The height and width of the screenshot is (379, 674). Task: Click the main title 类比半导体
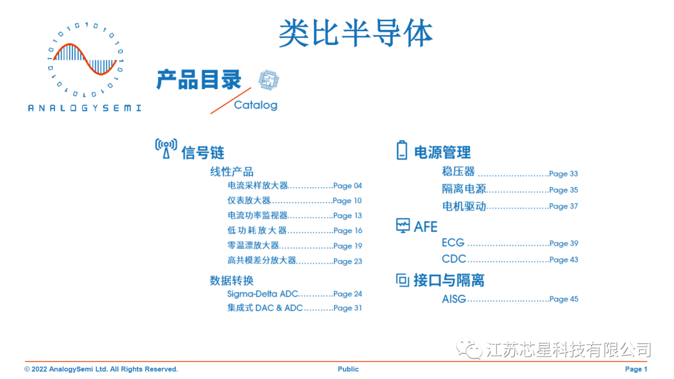[x=355, y=32]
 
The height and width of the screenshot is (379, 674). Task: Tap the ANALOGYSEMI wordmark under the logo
[x=84, y=108]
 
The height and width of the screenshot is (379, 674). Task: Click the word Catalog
[x=255, y=105]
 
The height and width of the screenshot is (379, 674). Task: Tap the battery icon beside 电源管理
[x=403, y=150]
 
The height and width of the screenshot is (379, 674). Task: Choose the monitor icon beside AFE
[x=403, y=226]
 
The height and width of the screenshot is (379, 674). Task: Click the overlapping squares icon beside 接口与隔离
[x=403, y=280]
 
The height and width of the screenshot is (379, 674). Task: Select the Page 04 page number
[x=348, y=186]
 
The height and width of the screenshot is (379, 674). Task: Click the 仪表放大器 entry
[x=249, y=200]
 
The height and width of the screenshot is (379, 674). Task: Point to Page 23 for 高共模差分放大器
[x=348, y=262]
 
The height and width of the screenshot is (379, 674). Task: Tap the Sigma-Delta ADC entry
[x=263, y=294]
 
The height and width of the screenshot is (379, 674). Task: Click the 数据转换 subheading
[x=232, y=281]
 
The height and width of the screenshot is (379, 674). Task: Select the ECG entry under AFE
[x=453, y=243]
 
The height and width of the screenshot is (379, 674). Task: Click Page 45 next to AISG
[x=564, y=299]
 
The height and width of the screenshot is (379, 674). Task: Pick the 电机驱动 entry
[x=464, y=206]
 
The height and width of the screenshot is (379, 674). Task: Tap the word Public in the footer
[x=348, y=369]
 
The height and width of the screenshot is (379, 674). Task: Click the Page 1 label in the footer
[x=636, y=369]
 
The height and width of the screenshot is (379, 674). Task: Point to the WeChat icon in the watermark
[x=469, y=350]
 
